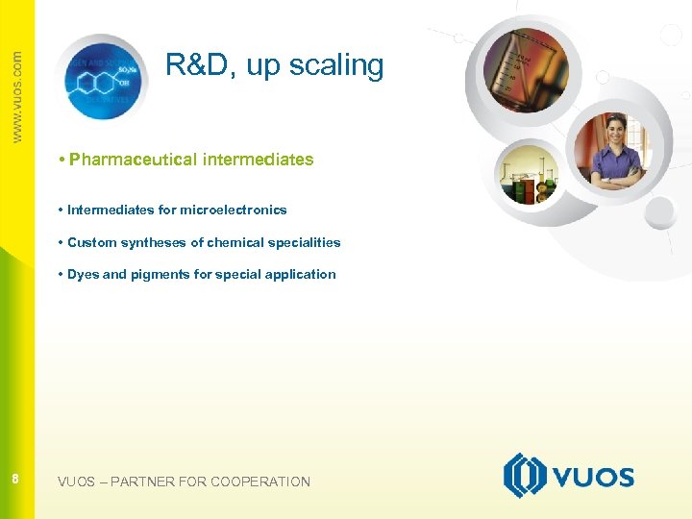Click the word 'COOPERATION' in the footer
point(260,482)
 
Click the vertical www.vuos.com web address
point(16,96)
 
